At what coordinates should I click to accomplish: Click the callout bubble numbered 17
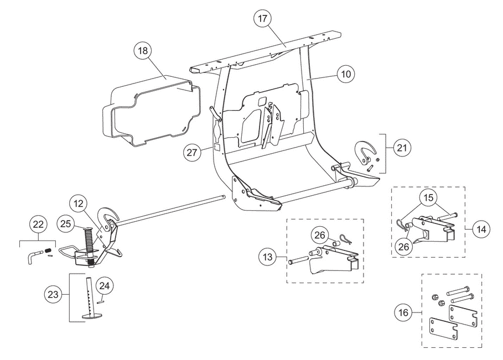[x=262, y=19]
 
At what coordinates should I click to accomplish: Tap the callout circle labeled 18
[x=143, y=51]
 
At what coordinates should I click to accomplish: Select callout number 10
[x=345, y=74]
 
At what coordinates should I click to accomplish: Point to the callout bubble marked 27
[x=191, y=152]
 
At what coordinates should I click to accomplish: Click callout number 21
[x=402, y=148]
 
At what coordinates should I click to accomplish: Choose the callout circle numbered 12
[x=78, y=204]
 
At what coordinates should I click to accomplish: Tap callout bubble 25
[x=65, y=223]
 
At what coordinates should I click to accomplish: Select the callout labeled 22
[x=38, y=225]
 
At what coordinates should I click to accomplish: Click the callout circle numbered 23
[x=53, y=294]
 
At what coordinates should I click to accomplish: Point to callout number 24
[x=105, y=286]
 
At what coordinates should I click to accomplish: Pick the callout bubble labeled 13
[x=267, y=257]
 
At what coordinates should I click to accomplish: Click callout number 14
[x=481, y=229]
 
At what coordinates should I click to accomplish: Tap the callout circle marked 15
[x=428, y=198]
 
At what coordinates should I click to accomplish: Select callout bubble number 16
[x=403, y=312]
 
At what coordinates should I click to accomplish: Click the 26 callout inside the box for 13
[x=319, y=235]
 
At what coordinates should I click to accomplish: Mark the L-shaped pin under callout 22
[x=33, y=256]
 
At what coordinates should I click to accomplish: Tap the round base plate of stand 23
[x=92, y=316]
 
